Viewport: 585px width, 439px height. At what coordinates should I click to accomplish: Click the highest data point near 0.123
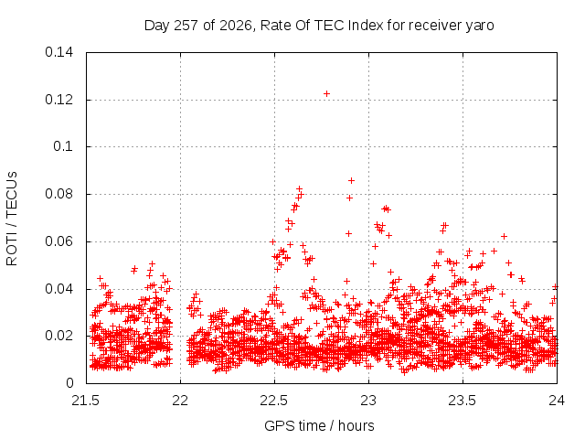click(326, 93)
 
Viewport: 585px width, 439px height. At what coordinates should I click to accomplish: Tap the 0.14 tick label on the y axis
click(58, 52)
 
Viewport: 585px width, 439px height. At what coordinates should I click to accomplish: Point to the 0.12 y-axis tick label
click(58, 100)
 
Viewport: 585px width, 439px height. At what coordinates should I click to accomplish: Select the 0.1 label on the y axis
click(63, 146)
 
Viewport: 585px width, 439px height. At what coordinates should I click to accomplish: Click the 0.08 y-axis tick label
click(58, 194)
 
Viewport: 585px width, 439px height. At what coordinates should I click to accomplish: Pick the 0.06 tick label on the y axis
click(58, 241)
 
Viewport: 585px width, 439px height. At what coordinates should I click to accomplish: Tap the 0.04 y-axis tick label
click(58, 289)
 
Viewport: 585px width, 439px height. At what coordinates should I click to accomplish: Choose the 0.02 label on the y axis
click(58, 336)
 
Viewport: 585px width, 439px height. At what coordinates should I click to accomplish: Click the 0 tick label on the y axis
click(69, 383)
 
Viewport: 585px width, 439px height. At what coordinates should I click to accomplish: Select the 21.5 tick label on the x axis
click(86, 401)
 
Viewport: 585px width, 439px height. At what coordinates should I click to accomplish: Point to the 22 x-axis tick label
click(180, 401)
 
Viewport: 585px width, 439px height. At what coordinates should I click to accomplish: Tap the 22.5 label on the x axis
click(274, 401)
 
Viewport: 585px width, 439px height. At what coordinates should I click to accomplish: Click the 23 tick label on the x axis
click(368, 401)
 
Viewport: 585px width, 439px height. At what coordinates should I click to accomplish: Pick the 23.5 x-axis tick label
click(463, 401)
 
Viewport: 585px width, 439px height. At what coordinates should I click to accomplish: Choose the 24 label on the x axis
click(557, 401)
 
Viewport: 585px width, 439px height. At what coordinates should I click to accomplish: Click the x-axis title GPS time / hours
click(319, 425)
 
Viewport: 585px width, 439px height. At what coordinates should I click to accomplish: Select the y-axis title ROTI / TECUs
click(12, 219)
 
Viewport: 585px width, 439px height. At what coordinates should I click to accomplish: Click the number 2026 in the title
click(235, 26)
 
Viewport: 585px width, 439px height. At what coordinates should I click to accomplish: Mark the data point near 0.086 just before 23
click(351, 181)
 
